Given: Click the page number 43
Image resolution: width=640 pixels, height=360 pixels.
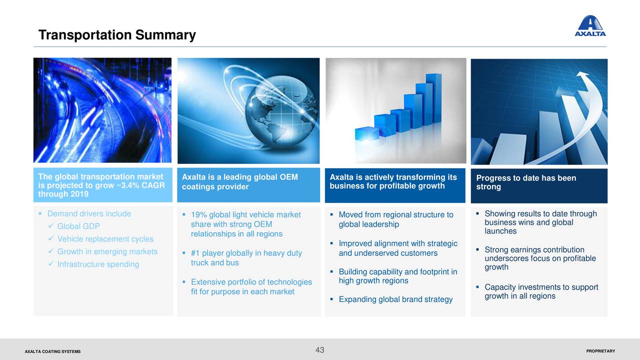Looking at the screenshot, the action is [319, 350].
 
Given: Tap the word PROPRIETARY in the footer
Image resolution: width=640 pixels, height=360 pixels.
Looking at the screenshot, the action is [600, 351].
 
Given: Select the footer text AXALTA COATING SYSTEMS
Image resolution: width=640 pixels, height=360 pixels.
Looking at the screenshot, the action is [52, 351].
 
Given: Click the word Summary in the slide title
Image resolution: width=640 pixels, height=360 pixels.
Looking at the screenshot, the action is [165, 35].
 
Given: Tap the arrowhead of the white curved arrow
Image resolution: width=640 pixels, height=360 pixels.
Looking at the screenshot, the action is [583, 75].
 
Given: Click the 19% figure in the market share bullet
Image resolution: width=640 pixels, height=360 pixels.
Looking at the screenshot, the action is [199, 215].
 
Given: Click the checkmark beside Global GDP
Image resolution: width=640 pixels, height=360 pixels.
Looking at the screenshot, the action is [51, 225].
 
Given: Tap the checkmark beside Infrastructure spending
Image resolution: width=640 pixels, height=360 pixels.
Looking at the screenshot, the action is [51, 263].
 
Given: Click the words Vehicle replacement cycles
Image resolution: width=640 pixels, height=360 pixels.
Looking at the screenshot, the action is [105, 239].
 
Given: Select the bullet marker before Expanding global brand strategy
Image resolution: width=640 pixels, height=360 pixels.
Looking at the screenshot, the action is [331, 299].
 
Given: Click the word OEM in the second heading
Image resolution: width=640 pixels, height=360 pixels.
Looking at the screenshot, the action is [288, 177].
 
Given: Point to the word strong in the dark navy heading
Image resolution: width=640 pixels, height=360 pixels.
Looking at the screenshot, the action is [488, 187].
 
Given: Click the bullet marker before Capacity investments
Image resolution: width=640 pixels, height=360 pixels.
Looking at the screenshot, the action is [477, 286].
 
